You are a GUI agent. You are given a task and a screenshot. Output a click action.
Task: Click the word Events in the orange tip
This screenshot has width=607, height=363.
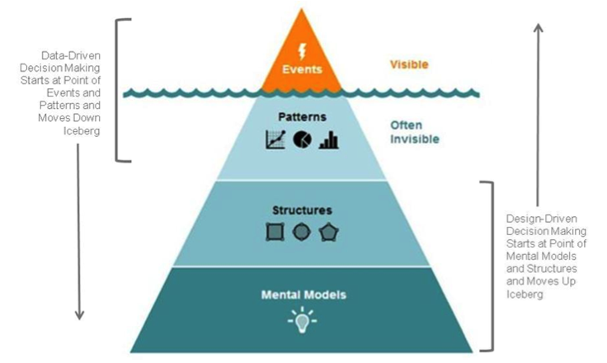[301, 70]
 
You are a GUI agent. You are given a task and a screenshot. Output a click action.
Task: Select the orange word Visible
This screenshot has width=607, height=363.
[409, 63]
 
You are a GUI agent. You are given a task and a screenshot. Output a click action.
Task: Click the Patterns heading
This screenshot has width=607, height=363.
[302, 117]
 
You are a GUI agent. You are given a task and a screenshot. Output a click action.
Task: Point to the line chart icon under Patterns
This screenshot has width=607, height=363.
[275, 139]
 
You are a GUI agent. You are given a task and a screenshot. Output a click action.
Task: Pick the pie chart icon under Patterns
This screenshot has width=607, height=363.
[302, 139]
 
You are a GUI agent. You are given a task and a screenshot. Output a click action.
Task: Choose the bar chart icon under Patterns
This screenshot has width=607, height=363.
[329, 139]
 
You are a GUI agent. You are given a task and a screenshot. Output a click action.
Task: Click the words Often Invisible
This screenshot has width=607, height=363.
[415, 133]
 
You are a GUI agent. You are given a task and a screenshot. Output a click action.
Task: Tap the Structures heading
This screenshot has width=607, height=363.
[301, 210]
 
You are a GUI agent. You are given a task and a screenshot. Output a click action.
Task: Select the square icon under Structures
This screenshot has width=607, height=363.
[275, 233]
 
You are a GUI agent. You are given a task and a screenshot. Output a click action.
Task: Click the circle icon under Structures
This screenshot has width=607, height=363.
[301, 233]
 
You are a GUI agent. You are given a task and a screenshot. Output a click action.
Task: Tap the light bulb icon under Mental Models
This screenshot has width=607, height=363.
[301, 318]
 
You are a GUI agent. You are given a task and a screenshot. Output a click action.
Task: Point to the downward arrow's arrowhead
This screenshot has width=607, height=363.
[80, 315]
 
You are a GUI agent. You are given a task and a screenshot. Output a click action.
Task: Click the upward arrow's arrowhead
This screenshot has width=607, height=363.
[538, 27]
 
